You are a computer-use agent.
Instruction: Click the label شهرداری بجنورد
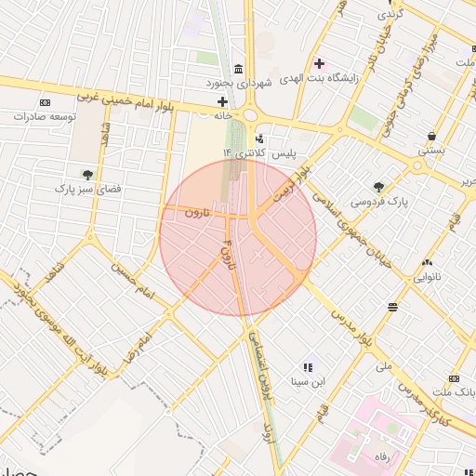click(240, 84)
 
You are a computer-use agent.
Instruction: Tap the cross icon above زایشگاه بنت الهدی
click(319, 63)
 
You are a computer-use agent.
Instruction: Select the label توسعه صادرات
click(44, 117)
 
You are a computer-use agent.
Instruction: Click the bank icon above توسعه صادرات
click(45, 101)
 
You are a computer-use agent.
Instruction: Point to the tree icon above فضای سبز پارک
click(87, 174)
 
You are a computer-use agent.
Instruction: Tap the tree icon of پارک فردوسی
click(377, 186)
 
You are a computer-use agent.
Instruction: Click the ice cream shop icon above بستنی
click(430, 134)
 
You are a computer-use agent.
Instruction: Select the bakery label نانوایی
click(427, 276)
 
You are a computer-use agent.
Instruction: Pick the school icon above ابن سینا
click(308, 367)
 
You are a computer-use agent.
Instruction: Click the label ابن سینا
click(308, 381)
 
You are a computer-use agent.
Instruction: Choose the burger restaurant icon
click(393, 305)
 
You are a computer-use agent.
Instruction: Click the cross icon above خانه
click(221, 101)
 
